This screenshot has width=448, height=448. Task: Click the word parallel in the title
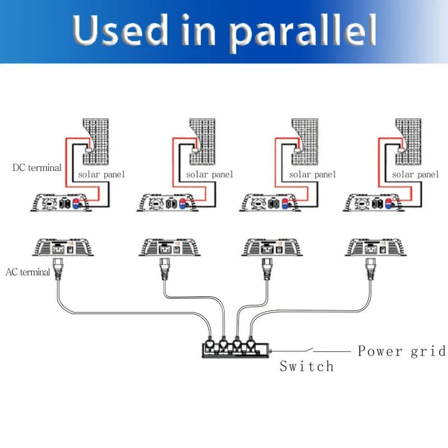304,31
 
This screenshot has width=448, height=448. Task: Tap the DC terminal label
37,167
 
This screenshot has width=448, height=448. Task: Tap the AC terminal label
28,273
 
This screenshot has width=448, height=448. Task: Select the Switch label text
306,367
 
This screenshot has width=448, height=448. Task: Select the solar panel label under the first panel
101,175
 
